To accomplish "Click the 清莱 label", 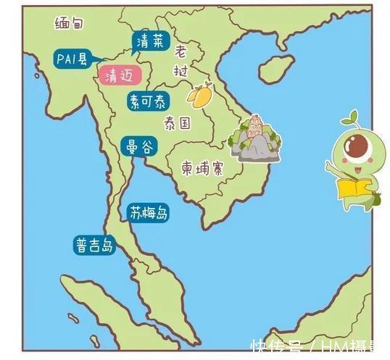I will tap(151, 42).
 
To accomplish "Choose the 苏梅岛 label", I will tap(149, 214).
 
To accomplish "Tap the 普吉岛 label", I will tap(94, 245).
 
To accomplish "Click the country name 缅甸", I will tap(70, 23).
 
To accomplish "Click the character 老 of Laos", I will tap(181, 51).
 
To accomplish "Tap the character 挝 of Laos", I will tap(181, 70).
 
